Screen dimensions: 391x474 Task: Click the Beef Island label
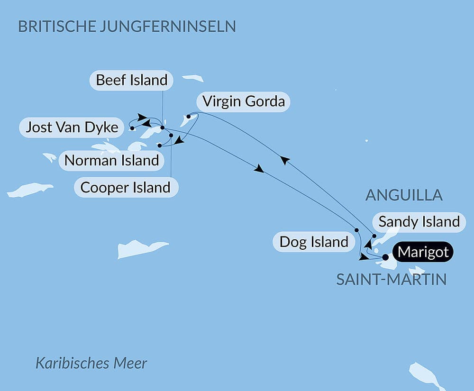coord(131,80)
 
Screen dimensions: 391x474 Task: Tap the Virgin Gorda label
coord(243,101)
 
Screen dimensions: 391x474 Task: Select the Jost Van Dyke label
coord(72,127)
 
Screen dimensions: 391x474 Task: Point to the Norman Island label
coord(111,160)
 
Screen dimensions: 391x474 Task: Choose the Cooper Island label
coord(125,187)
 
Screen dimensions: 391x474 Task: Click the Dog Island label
coord(314,242)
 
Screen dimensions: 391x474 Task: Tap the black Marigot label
coord(423,252)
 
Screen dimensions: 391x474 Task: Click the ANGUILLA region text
coord(404,195)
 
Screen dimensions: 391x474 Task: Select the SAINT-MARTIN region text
coord(391,280)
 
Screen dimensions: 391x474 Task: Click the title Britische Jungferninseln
coord(127,26)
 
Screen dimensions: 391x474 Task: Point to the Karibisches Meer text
coord(91,364)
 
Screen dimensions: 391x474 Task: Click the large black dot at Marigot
coord(385,257)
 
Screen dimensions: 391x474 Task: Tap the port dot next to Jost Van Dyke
coord(132,128)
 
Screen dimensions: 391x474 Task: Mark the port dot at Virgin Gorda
coord(189,116)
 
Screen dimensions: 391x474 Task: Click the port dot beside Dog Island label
coord(356,230)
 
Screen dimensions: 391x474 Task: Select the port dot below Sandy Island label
coord(374,236)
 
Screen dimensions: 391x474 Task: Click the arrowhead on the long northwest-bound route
coord(283,161)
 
